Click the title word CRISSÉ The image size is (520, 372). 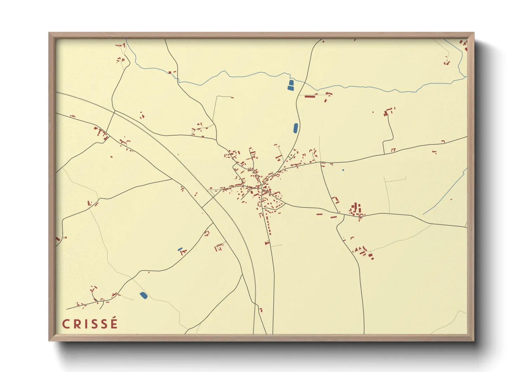[90, 324]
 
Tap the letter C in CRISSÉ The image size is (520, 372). [66, 324]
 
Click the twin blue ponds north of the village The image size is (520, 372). [291, 85]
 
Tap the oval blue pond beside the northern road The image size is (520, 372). [295, 128]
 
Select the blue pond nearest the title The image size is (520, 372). [143, 295]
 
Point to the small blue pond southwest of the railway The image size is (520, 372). [180, 249]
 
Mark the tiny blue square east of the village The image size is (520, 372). [343, 170]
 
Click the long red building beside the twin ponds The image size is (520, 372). [310, 96]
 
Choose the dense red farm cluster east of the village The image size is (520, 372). [357, 210]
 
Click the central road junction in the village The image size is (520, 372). [261, 188]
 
